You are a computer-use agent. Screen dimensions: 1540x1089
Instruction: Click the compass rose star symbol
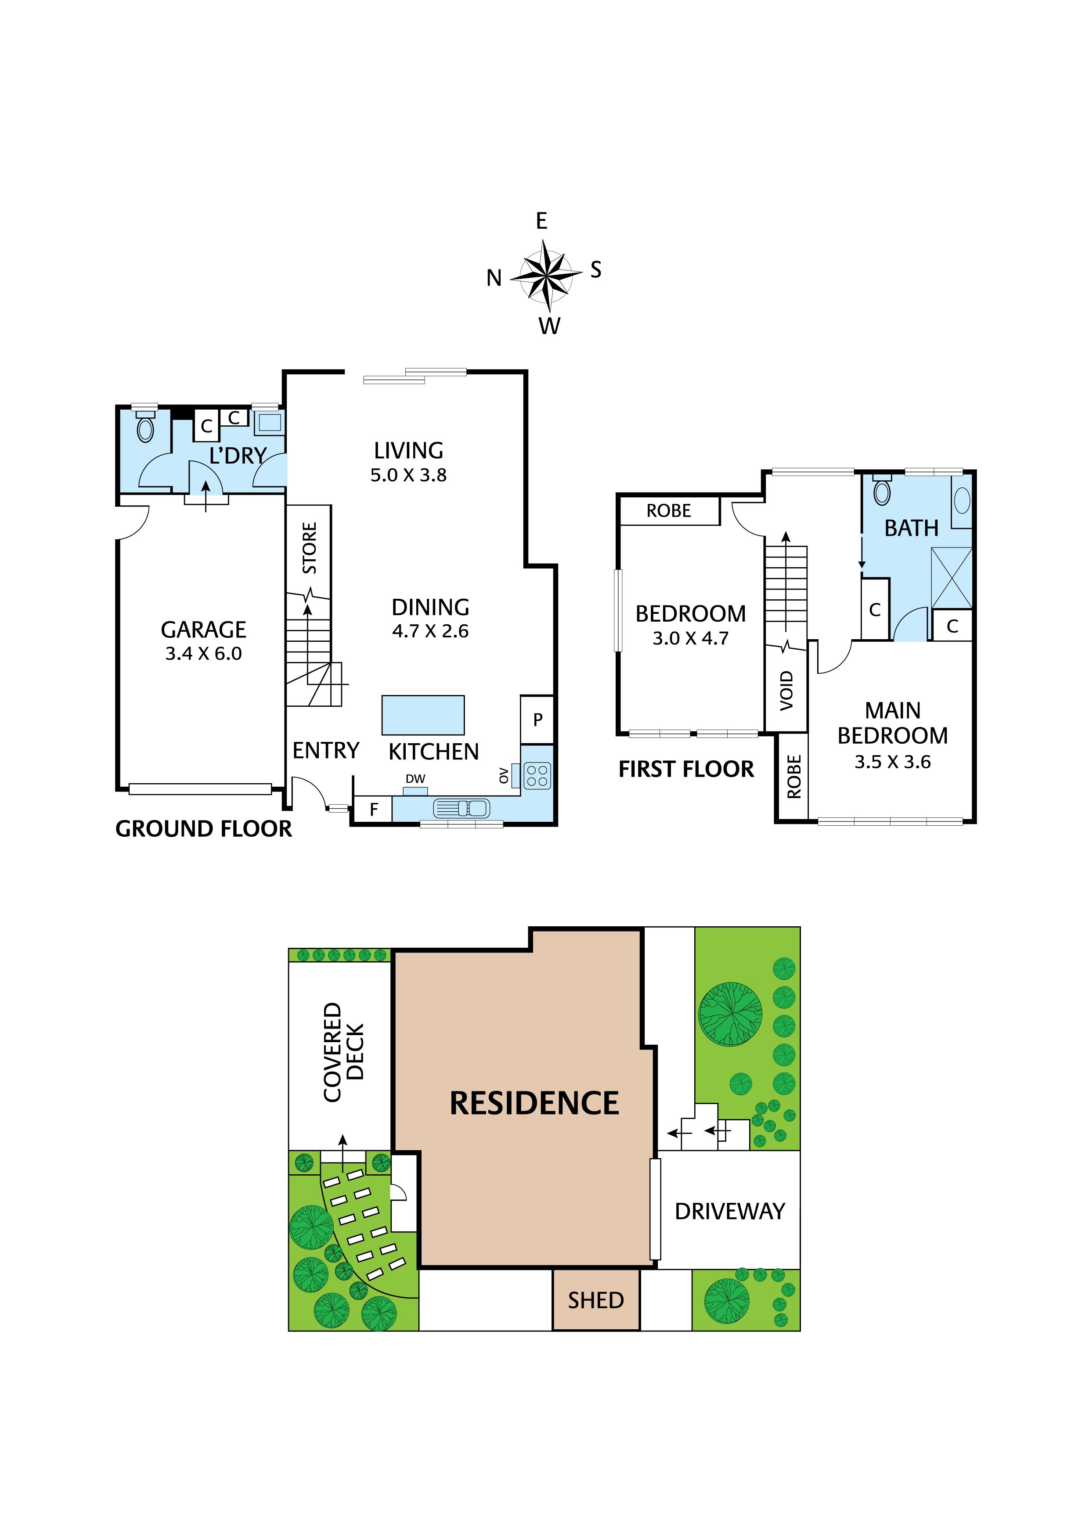click(545, 273)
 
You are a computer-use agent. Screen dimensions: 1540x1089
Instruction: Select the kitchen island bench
click(423, 715)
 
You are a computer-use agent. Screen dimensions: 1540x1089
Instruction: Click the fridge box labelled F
click(374, 810)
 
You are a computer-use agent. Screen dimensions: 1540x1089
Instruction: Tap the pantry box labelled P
click(537, 720)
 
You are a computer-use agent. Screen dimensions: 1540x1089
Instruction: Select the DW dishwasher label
click(415, 779)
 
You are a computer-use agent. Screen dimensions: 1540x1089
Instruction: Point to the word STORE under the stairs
click(309, 548)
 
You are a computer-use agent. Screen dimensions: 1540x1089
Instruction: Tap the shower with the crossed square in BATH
click(952, 578)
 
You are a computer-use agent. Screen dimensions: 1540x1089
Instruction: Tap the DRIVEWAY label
click(730, 1211)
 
